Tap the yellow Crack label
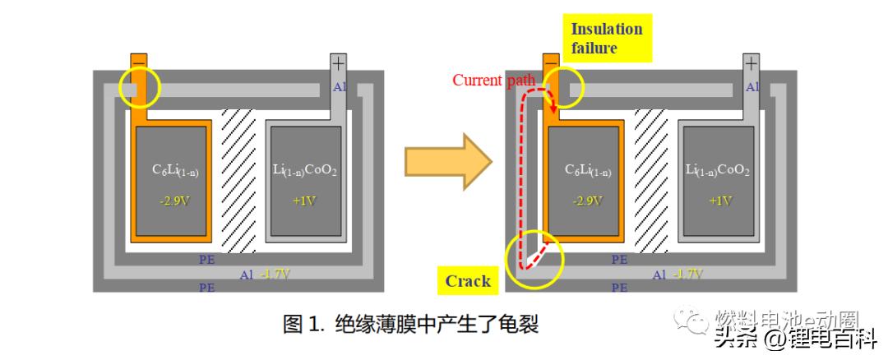point(468,281)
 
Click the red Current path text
point(494,80)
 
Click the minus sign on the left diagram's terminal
point(140,62)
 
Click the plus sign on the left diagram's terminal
point(338,62)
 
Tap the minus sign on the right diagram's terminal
point(552,62)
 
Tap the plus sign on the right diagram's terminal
point(750,62)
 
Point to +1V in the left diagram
point(304,201)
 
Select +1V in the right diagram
point(716,201)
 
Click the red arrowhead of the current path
point(553,108)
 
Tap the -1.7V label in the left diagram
point(275,275)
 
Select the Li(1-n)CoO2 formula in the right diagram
point(716,170)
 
